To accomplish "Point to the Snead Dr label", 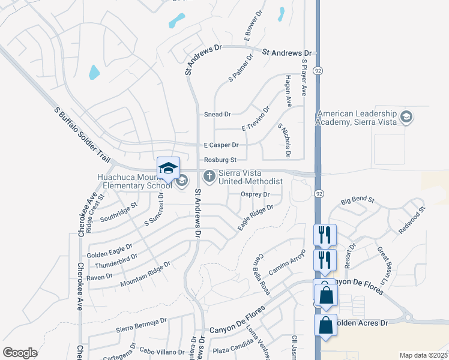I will [x=217, y=114].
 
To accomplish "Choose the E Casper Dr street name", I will [x=221, y=145].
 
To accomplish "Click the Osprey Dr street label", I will [x=255, y=194].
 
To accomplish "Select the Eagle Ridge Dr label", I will [x=255, y=217].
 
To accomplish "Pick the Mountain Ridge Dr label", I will [x=146, y=273].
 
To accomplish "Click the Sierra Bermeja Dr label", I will [x=141, y=325].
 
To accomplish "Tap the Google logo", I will [x=20, y=352].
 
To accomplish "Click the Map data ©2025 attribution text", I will [x=423, y=355].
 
